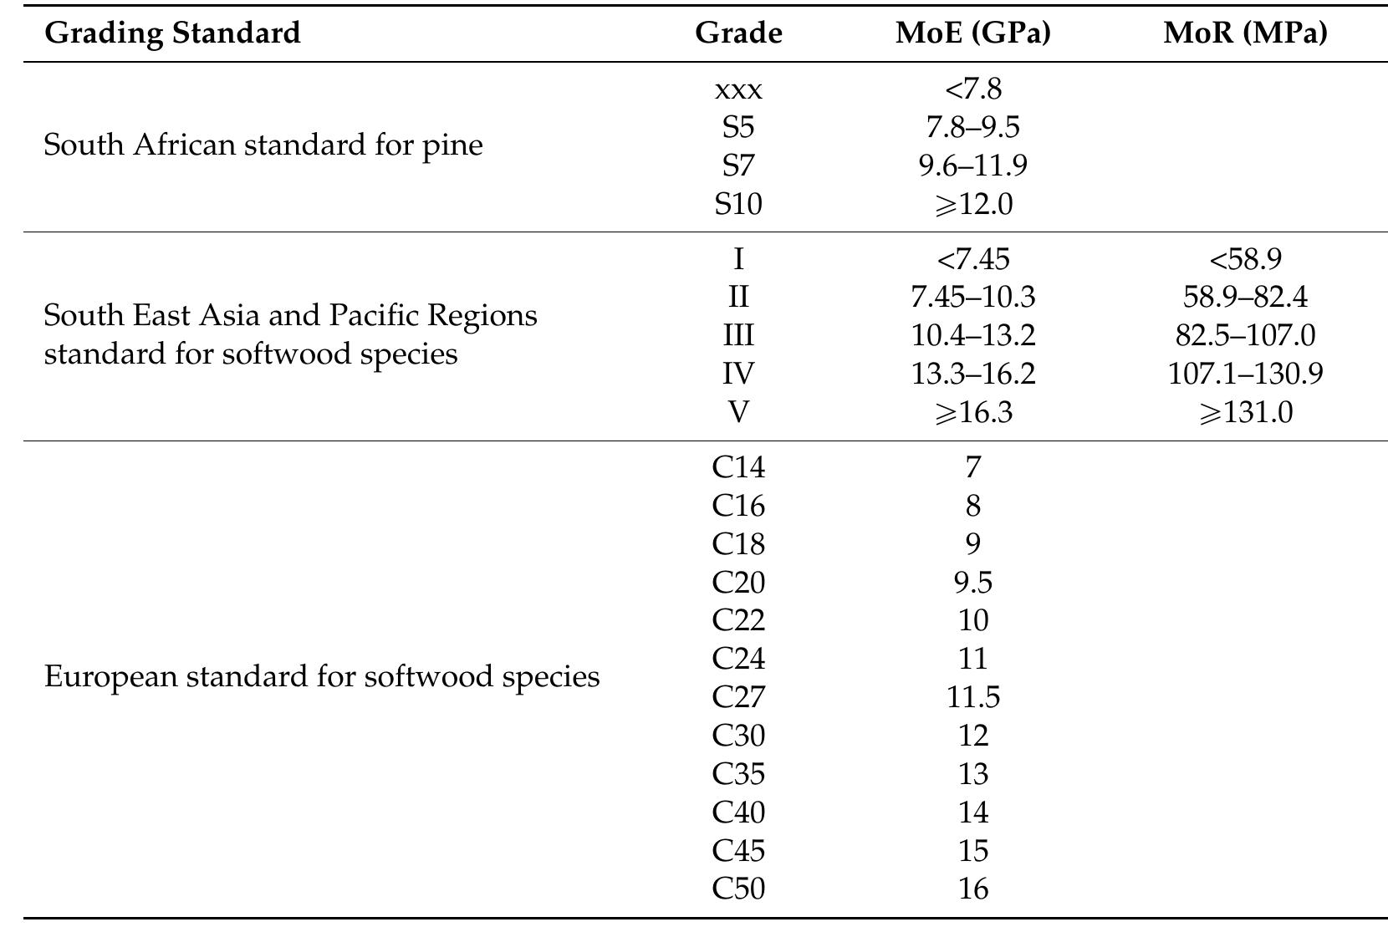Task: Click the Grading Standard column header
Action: click(x=171, y=33)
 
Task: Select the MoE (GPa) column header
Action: click(x=972, y=33)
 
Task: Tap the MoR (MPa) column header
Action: click(x=1245, y=33)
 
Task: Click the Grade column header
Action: click(x=738, y=33)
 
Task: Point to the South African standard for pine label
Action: click(x=263, y=145)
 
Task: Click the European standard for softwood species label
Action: click(x=321, y=676)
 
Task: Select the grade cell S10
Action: click(x=738, y=204)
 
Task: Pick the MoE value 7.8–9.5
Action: click(x=972, y=127)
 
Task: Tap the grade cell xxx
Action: click(x=738, y=89)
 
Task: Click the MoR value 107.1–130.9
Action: click(x=1245, y=374)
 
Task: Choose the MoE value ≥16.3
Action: click(x=972, y=412)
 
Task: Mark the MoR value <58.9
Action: click(x=1245, y=259)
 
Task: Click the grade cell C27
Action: click(x=738, y=697)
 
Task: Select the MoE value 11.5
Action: click(x=972, y=697)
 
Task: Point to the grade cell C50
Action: click(x=738, y=889)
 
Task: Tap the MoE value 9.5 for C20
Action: click(x=972, y=582)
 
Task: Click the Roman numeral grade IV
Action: click(x=738, y=374)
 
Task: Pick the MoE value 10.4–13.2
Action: click(x=972, y=335)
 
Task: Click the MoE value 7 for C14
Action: click(x=972, y=467)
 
